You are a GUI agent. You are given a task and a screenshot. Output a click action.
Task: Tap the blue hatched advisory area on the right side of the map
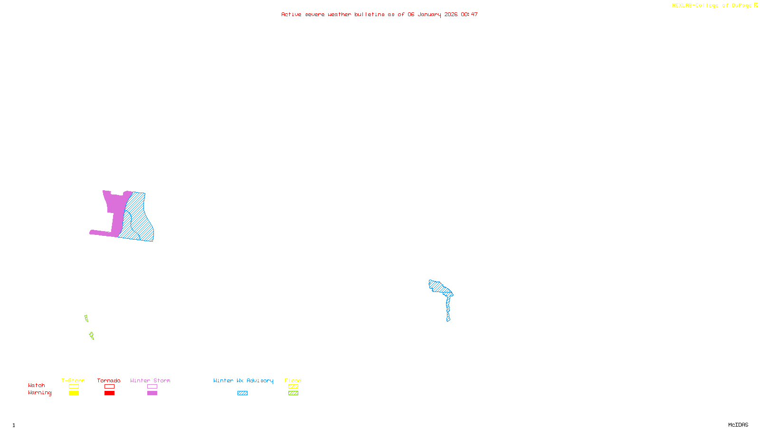pos(440,288)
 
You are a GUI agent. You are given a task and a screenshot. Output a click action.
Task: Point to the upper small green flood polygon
pos(86,318)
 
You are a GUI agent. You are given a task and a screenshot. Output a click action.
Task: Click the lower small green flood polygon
pos(92,336)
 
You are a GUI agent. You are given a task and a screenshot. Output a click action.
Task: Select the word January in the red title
pos(429,15)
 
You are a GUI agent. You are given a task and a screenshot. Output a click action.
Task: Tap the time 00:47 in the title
pos(469,15)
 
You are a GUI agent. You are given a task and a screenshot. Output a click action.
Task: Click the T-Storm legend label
pos(73,380)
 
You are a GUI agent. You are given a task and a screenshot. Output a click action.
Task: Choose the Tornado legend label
pos(109,380)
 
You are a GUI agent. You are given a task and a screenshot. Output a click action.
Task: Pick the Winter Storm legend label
pos(150,380)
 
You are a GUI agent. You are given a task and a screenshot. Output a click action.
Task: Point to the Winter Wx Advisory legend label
pos(243,380)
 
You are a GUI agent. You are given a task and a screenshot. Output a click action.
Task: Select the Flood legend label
pos(293,380)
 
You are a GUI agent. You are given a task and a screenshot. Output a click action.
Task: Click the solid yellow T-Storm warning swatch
pos(74,393)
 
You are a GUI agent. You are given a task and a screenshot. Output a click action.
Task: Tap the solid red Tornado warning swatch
pos(110,393)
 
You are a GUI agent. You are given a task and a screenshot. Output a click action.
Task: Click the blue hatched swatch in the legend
pos(242,393)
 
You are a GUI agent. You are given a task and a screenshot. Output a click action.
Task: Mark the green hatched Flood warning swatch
pos(294,393)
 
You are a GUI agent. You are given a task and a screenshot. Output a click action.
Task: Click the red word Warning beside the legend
pos(39,393)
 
